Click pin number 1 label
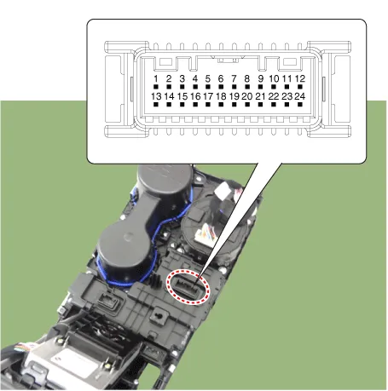tap(156, 78)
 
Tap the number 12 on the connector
tap(300, 78)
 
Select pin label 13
tap(156, 96)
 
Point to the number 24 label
tap(300, 96)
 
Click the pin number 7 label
tap(234, 78)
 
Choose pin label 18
tap(221, 96)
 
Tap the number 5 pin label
tap(208, 78)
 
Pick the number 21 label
tap(260, 96)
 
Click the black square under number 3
tap(182, 87)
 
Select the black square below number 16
tap(195, 105)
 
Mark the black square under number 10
tap(274, 87)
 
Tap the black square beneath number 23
tap(287, 105)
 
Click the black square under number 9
tap(260, 87)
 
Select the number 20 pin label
tap(247, 96)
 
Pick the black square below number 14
tap(169, 105)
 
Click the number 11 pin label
tap(287, 78)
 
